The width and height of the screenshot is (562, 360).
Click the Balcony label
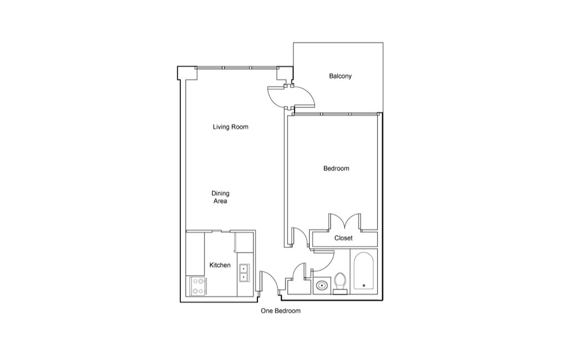click(x=340, y=76)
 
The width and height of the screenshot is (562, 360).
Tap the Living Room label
click(x=230, y=127)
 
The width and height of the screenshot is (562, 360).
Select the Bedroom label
click(x=336, y=169)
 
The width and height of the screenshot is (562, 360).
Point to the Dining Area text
click(x=220, y=197)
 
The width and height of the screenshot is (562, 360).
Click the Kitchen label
click(x=220, y=265)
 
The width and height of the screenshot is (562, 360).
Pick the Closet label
click(x=343, y=238)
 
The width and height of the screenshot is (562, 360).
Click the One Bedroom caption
click(x=280, y=311)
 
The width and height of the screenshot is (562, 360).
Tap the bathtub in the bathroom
click(x=364, y=271)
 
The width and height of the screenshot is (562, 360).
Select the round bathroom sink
click(x=322, y=286)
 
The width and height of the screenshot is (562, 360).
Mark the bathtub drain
click(x=364, y=285)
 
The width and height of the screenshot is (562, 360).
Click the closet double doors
click(x=345, y=221)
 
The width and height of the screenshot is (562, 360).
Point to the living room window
click(x=237, y=67)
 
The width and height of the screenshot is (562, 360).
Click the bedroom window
click(x=336, y=114)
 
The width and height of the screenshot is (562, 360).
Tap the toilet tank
click(x=340, y=292)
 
